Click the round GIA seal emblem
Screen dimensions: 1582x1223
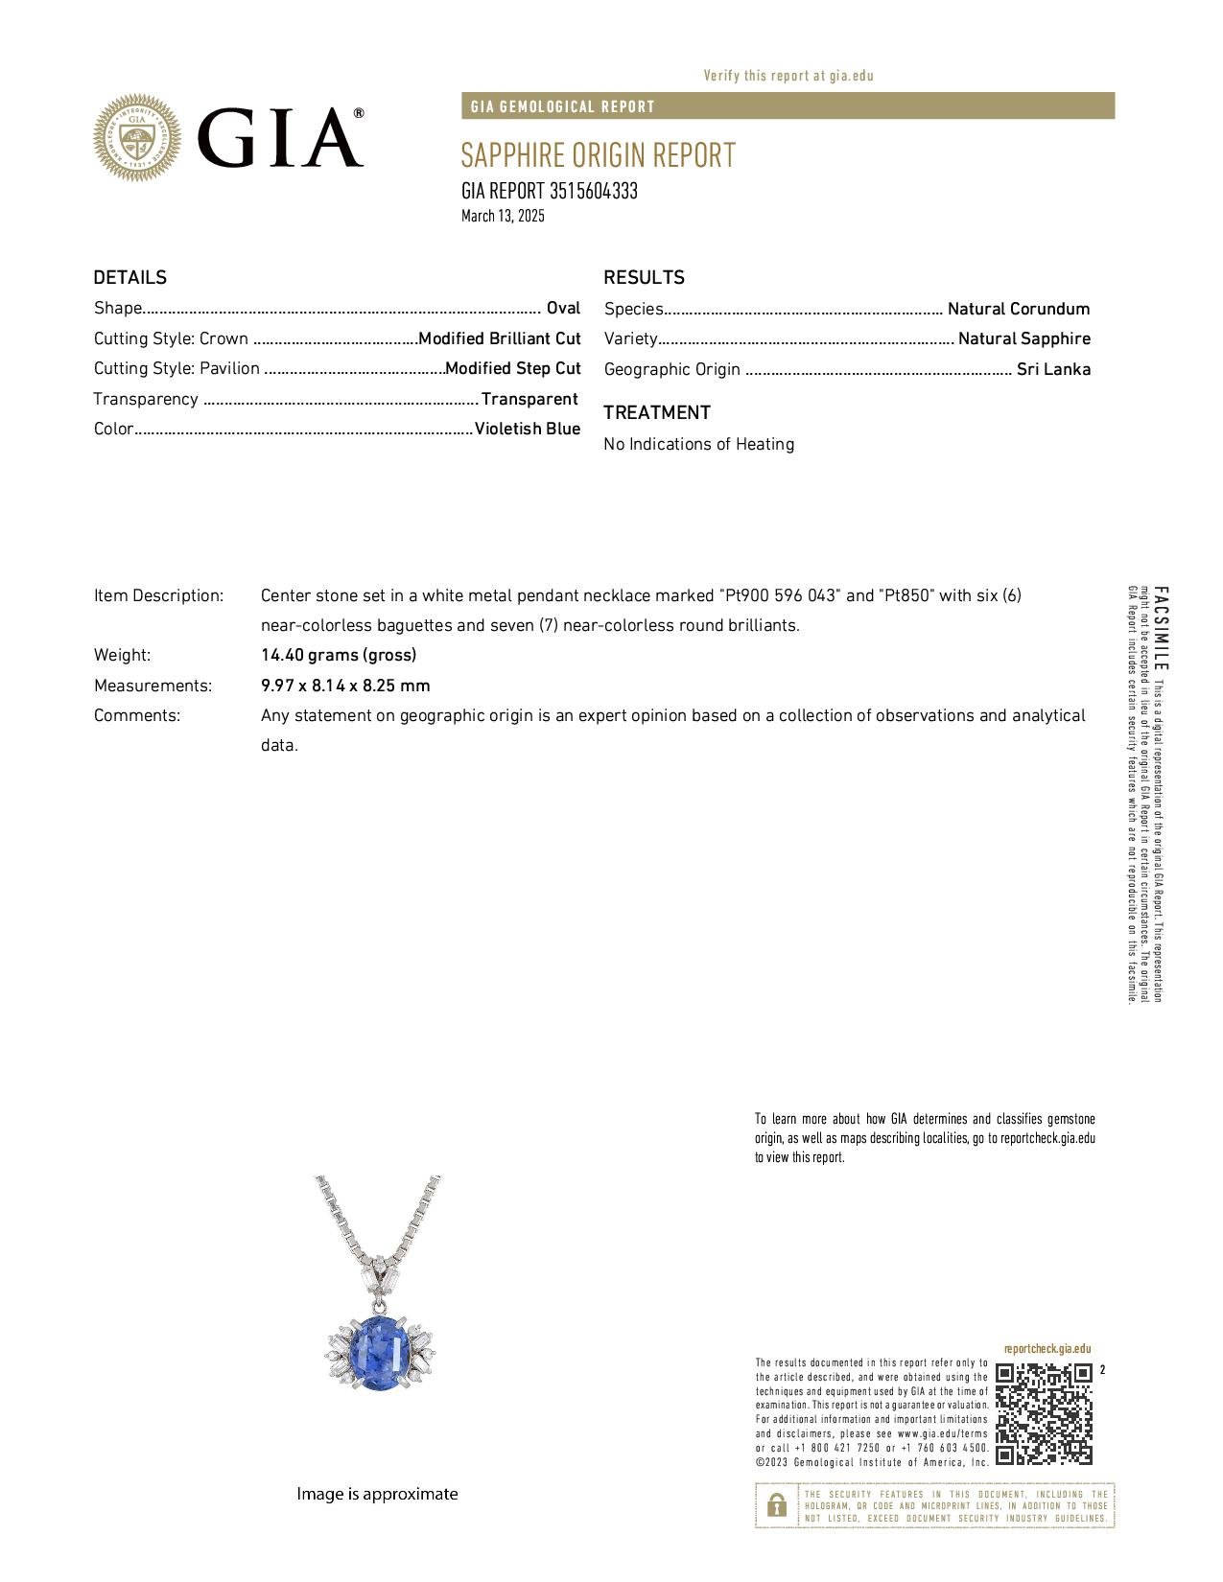136,138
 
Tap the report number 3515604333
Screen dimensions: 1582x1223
593,191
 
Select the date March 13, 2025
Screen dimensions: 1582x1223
503,216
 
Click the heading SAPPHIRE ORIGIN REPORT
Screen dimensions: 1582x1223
598,155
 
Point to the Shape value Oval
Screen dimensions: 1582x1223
563,308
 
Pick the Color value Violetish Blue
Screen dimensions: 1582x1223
528,429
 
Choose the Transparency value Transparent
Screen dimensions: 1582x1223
529,399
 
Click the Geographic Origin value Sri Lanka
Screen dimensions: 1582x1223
1053,369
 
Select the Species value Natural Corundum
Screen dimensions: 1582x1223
1018,309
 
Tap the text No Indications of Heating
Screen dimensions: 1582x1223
698,444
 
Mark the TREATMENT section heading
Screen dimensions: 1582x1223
657,412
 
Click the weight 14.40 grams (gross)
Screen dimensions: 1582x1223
339,655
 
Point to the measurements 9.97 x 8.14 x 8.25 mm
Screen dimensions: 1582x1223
345,686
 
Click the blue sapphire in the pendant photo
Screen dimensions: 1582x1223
381,1353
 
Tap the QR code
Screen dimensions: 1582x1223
1044,1413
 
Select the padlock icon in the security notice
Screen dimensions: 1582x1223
777,1505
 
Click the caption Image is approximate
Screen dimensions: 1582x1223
377,1494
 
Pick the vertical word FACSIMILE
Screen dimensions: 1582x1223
1161,628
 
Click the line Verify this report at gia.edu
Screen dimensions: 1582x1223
788,76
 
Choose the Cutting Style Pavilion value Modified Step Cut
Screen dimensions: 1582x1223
513,368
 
